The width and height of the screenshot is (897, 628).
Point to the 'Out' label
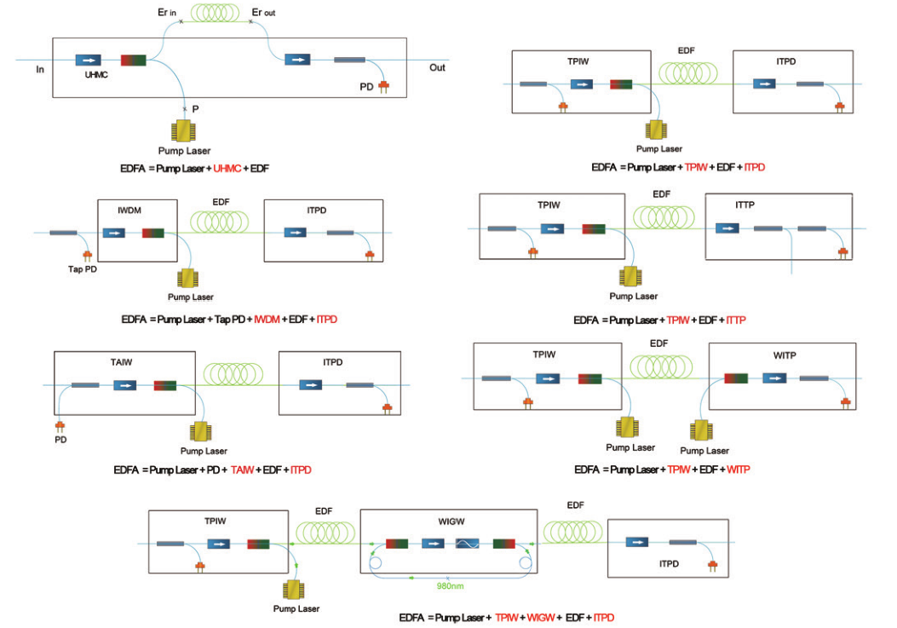pos(437,68)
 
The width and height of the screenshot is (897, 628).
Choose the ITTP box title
pos(745,205)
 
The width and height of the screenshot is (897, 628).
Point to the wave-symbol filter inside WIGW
pos(468,543)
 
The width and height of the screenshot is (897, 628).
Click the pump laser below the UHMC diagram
pos(184,132)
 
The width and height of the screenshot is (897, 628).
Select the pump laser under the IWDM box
pos(189,279)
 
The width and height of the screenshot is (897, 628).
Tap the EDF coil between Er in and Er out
pos(216,14)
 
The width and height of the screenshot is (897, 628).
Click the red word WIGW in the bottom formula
pos(538,617)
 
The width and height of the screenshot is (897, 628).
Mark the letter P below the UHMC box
pos(196,109)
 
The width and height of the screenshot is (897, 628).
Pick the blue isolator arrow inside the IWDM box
pos(113,233)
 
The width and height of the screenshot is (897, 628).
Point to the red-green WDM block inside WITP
pos(737,378)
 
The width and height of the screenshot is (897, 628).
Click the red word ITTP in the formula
pos(734,320)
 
